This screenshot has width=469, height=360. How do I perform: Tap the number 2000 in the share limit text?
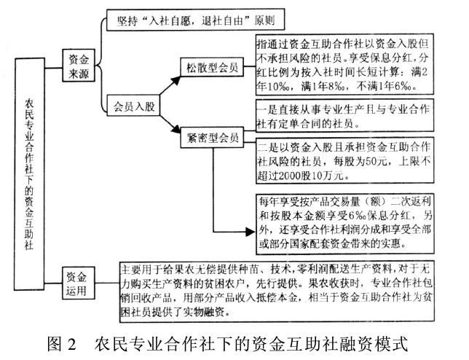[x=300, y=175]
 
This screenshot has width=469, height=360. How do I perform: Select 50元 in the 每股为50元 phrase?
[x=377, y=162]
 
